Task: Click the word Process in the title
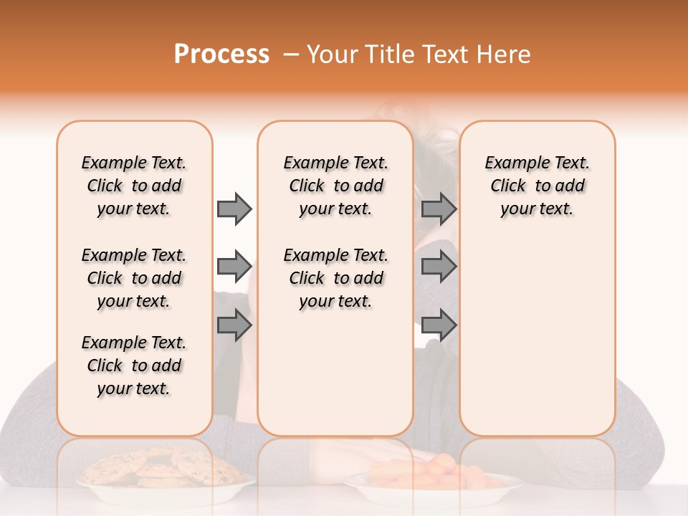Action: tap(221, 54)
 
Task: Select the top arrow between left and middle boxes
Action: tap(234, 209)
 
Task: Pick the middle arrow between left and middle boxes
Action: tap(234, 267)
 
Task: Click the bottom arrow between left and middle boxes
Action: tap(234, 325)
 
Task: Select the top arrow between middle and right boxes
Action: tap(439, 209)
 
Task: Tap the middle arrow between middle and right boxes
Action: tap(439, 267)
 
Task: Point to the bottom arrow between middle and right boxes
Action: tap(439, 325)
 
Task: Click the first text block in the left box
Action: tap(134, 186)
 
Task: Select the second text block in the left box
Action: tap(134, 278)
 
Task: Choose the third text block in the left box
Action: tap(134, 365)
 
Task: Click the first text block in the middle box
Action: tap(336, 186)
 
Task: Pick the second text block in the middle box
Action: tap(336, 278)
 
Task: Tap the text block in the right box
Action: tap(537, 186)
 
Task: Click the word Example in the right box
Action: tap(511, 163)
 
